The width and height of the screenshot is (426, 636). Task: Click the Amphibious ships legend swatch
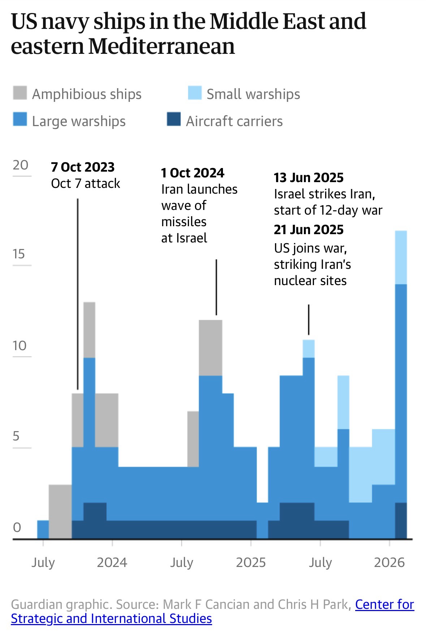point(20,93)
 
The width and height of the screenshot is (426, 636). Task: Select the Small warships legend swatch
point(195,93)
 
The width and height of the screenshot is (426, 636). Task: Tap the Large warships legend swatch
point(20,120)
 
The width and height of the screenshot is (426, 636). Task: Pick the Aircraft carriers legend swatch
point(173,120)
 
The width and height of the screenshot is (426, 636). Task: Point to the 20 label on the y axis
point(20,165)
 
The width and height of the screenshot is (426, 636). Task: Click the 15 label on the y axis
point(19,254)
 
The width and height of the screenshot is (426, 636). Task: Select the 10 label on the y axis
point(20,346)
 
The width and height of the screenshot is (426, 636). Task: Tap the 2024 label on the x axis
point(112,563)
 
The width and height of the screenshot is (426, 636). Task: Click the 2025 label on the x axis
point(251,563)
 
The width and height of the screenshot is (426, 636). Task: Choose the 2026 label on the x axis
point(389,563)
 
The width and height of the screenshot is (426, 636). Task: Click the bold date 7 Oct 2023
point(83,167)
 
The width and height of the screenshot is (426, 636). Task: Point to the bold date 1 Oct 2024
point(193,173)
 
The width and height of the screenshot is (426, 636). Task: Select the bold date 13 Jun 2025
point(309,177)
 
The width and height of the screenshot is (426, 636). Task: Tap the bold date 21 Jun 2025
point(309,229)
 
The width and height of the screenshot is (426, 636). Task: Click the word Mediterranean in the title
point(162,46)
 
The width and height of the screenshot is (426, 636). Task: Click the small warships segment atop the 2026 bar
point(401,257)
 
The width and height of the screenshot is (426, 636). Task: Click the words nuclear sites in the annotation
point(310,281)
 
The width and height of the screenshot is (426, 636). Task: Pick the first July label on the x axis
point(43,563)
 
